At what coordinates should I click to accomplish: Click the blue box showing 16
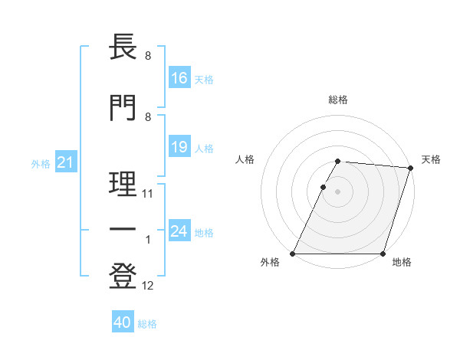pyautogui.click(x=179, y=78)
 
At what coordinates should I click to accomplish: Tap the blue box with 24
pyautogui.click(x=179, y=231)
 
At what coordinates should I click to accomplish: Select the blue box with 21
pyautogui.click(x=64, y=162)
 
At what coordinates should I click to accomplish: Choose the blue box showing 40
pyautogui.click(x=123, y=323)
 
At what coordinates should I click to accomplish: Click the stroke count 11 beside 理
pyautogui.click(x=148, y=194)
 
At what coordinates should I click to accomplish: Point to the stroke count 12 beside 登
pyautogui.click(x=148, y=286)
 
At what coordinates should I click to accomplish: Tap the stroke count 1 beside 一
pyautogui.click(x=148, y=240)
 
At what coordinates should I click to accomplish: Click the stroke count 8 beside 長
pyautogui.click(x=147, y=56)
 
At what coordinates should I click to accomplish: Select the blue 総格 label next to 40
pyautogui.click(x=147, y=324)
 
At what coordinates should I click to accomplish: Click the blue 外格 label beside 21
pyautogui.click(x=40, y=163)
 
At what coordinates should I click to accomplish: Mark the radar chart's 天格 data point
pyautogui.click(x=410, y=168)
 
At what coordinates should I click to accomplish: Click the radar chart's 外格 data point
pyautogui.click(x=293, y=254)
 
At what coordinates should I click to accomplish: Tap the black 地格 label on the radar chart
pyautogui.click(x=402, y=263)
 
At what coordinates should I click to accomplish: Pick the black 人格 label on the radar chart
pyautogui.click(x=245, y=159)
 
